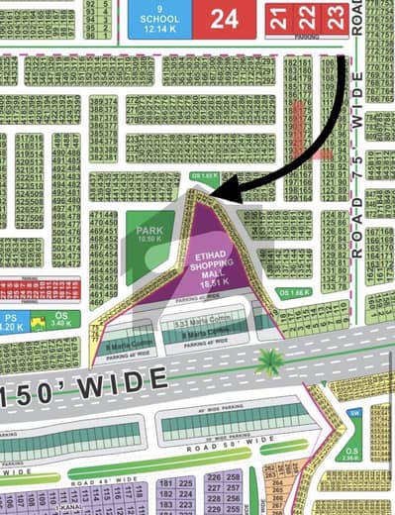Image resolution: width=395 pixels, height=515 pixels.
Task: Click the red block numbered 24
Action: pos(224,18)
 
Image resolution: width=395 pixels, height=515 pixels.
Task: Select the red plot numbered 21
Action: pos(279,17)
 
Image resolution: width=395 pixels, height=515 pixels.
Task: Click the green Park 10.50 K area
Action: pos(148,236)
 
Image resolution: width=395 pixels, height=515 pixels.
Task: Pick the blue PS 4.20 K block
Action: pos(11,322)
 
